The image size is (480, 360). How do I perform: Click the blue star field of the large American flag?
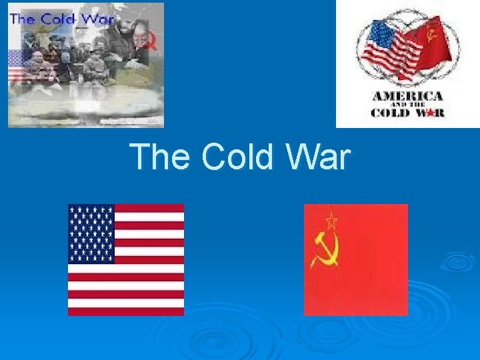point(91,234)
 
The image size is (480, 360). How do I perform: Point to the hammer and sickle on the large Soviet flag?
point(328,246)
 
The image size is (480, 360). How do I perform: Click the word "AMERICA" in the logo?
point(407,97)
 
